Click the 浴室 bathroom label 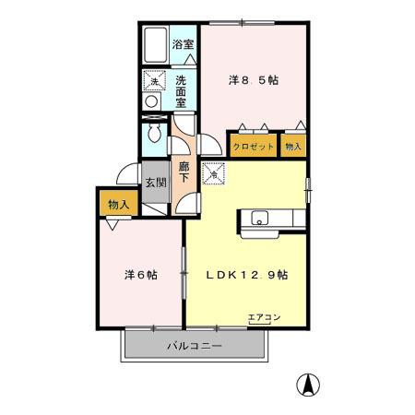pyautogui.click(x=183, y=43)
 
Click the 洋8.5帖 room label pyautogui.click(x=254, y=80)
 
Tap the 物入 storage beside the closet pyautogui.click(x=292, y=147)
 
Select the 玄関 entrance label pyautogui.click(x=155, y=182)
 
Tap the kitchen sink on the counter pyautogui.click(x=258, y=219)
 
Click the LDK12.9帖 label pyautogui.click(x=246, y=274)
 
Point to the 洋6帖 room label pyautogui.click(x=141, y=275)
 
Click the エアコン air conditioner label pyautogui.click(x=264, y=318)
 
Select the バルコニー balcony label pyautogui.click(x=194, y=347)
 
